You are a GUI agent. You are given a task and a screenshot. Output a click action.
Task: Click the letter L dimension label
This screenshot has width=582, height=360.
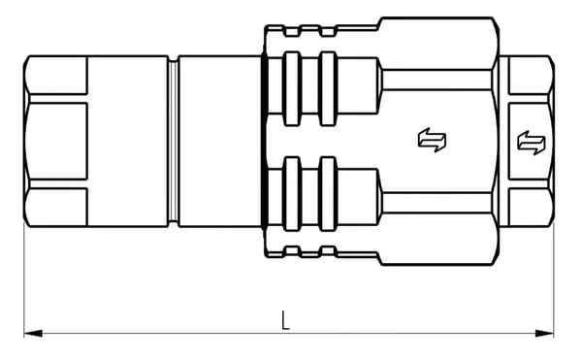285,320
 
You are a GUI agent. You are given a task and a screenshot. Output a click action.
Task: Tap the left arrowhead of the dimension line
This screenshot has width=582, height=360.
33,333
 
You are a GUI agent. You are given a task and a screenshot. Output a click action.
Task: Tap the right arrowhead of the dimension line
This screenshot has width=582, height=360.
544,333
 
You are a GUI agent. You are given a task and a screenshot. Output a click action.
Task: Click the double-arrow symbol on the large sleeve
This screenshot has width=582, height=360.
432,141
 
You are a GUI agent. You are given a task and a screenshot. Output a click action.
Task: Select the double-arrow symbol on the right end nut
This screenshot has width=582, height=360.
532,143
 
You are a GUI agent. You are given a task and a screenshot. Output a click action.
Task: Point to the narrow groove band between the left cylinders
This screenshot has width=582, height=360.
173,141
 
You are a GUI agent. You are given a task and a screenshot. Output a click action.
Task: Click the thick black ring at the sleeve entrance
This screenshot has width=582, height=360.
264,141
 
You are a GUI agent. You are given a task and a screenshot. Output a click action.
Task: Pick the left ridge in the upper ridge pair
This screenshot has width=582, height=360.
292,88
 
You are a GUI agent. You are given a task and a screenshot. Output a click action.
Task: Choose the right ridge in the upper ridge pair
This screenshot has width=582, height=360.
328,88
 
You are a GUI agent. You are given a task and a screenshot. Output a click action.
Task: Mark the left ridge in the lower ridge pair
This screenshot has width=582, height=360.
292,194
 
